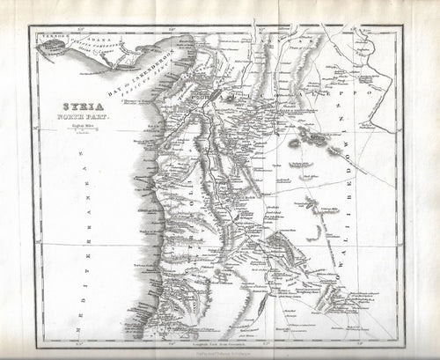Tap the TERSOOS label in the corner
click(48, 36)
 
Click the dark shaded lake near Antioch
click(210, 92)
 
